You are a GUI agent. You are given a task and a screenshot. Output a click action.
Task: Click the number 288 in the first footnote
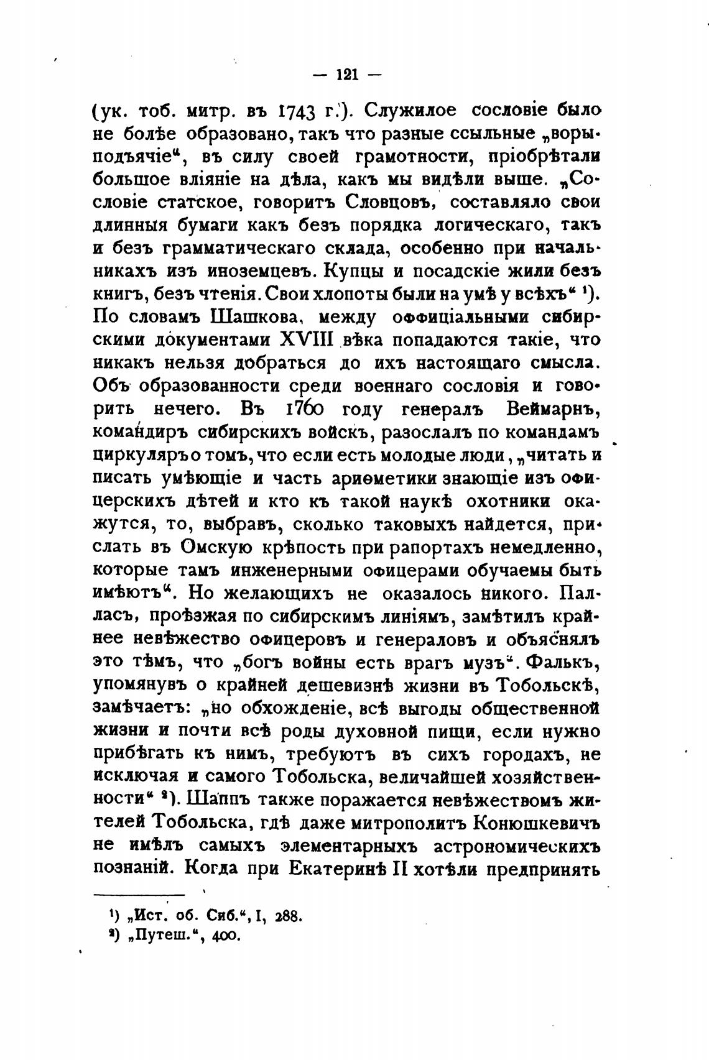(x=287, y=916)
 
